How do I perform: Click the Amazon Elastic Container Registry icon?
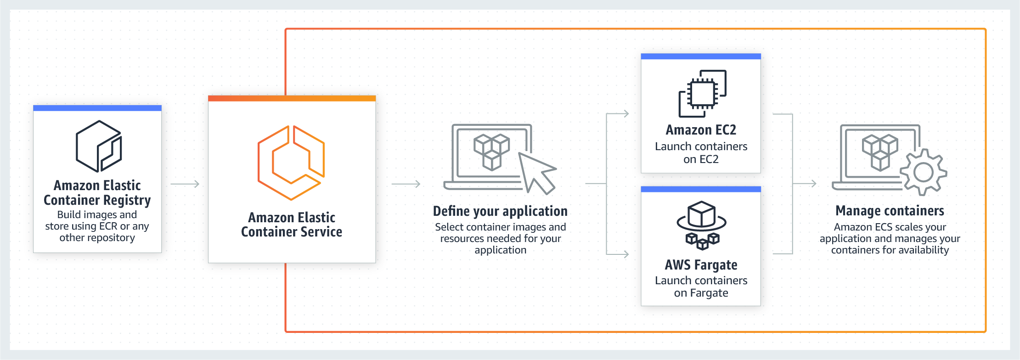coord(98,146)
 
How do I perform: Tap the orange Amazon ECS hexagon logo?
coord(291,163)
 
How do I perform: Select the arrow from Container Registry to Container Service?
coord(185,184)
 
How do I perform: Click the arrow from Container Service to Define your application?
coord(406,184)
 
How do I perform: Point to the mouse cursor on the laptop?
coord(536,173)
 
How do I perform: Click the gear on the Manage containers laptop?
coord(923,173)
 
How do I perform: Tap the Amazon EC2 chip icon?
coord(702,93)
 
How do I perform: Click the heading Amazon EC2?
coord(701,130)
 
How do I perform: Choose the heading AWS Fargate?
coord(701,265)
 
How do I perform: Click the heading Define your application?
coord(500,211)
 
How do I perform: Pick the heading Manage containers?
coord(890,211)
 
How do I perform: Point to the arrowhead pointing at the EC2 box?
coord(626,113)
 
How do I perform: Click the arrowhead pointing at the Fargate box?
coord(626,254)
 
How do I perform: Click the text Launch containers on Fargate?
coord(701,287)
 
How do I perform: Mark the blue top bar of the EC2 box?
coord(701,56)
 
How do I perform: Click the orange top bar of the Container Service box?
coord(292,98)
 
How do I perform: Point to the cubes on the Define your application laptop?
coord(491,151)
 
